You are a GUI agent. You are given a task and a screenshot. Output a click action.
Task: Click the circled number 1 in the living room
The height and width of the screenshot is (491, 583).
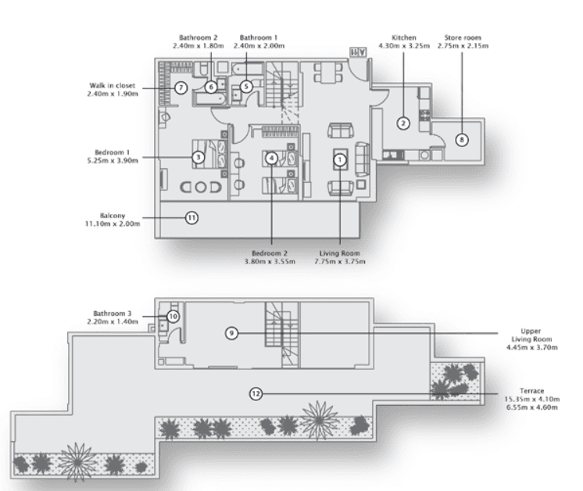(x=340, y=158)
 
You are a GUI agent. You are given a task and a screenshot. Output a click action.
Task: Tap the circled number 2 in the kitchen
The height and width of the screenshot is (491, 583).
(x=403, y=123)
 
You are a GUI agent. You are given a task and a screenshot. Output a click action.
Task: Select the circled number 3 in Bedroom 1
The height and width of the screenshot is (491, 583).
(x=199, y=157)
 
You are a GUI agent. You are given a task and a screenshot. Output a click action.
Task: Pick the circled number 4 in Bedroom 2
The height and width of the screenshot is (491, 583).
(x=271, y=157)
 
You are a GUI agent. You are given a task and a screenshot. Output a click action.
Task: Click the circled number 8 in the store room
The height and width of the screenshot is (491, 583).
(x=461, y=140)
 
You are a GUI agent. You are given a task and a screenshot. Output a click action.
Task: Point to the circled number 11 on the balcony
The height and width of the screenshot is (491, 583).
(x=191, y=218)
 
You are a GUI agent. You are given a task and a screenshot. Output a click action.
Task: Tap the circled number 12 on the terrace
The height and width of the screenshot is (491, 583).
(x=256, y=393)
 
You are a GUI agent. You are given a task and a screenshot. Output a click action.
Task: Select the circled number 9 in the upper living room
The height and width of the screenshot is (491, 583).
(x=231, y=333)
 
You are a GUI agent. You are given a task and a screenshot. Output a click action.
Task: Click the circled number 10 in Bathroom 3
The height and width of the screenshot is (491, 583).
(x=173, y=317)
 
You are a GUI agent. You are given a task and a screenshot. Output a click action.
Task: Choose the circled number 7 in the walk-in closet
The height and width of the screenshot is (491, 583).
(x=181, y=88)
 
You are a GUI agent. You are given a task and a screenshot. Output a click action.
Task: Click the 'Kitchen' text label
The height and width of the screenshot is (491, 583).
(x=404, y=37)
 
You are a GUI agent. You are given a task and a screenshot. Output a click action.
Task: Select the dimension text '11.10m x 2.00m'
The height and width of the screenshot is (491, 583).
(x=112, y=224)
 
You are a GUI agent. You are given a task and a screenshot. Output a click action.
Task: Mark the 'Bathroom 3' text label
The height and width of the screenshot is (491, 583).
(x=112, y=312)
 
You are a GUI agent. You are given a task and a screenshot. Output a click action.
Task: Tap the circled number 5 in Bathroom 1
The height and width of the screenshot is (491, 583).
(x=245, y=87)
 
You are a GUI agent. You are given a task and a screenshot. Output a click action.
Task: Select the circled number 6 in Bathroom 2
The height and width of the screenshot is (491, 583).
(x=212, y=87)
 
